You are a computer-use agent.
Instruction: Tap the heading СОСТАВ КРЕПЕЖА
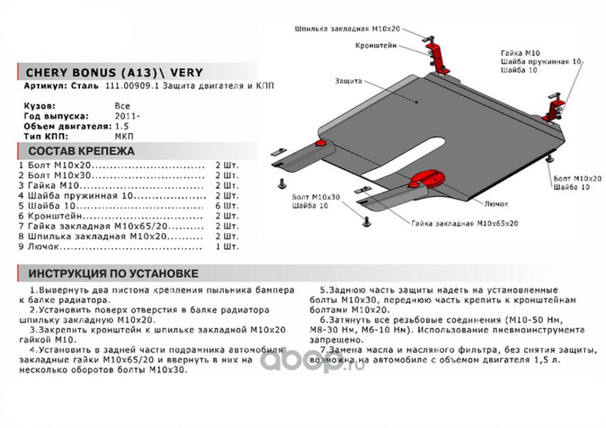[x=81, y=151]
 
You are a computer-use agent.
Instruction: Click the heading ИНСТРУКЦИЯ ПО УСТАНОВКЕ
[x=113, y=273]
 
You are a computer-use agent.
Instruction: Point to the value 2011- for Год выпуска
[x=125, y=116]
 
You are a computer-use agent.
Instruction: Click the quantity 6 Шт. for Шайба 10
[x=227, y=206]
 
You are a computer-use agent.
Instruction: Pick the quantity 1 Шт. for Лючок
[x=227, y=247]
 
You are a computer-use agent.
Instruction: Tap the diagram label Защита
[x=349, y=81]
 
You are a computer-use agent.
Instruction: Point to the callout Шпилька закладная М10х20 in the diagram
[x=347, y=29]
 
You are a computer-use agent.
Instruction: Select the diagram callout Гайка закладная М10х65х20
[x=465, y=223]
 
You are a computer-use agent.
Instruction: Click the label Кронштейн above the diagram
[x=376, y=46]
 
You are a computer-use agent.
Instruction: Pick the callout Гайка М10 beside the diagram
[x=520, y=53]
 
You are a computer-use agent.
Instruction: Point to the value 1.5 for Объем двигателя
[x=121, y=126]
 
